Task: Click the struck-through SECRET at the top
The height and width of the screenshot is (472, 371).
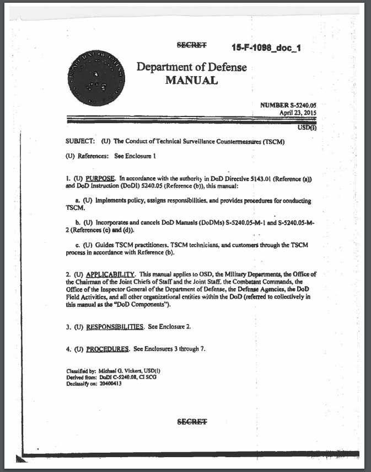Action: click(x=191, y=45)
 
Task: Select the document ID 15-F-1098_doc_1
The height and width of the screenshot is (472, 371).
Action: click(x=266, y=48)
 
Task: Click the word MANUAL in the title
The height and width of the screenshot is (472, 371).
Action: click(x=191, y=81)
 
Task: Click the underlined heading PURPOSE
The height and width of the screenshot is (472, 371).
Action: click(x=100, y=179)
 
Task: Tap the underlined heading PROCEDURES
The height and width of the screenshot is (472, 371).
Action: click(x=107, y=349)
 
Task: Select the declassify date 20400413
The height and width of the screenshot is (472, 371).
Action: click(x=109, y=383)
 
